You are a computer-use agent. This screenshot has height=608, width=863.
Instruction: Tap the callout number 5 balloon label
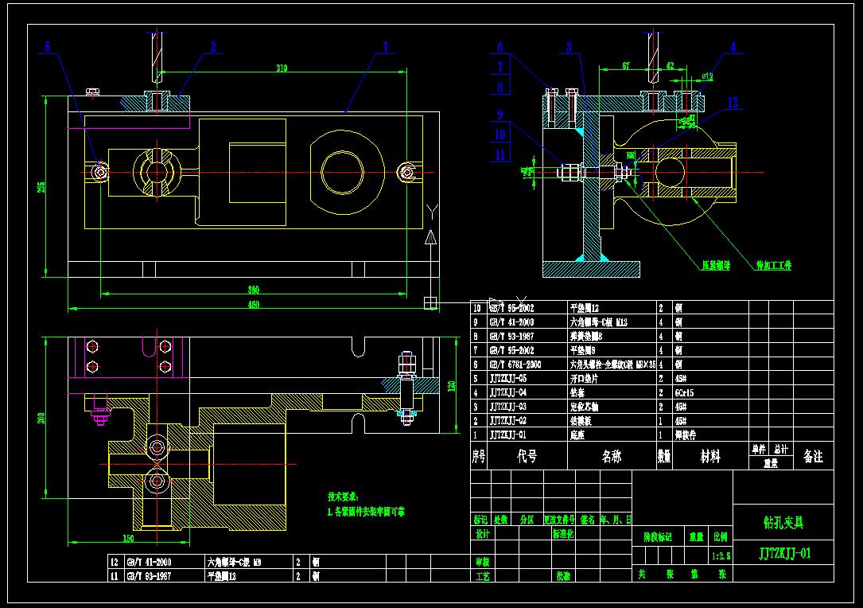click(x=48, y=47)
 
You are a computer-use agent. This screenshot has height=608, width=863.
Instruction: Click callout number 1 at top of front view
click(x=386, y=47)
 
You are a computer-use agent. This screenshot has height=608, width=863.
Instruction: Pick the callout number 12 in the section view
click(x=733, y=102)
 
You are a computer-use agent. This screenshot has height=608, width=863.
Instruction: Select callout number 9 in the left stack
click(x=500, y=113)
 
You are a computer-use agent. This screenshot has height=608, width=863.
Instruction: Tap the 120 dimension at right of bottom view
click(x=451, y=386)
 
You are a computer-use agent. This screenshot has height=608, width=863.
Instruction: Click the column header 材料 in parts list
click(x=709, y=456)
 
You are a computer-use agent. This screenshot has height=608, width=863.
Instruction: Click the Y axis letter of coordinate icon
click(x=430, y=210)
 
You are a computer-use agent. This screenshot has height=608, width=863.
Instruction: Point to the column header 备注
click(x=813, y=457)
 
